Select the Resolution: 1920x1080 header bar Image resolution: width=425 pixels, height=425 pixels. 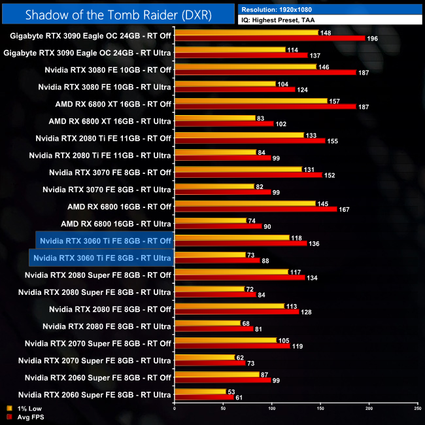point(330,10)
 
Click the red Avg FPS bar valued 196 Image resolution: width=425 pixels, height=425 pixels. point(269,38)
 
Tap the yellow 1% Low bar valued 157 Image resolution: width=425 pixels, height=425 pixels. point(250,101)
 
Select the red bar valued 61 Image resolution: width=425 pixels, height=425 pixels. point(204,397)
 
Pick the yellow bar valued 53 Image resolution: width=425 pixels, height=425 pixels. point(200,391)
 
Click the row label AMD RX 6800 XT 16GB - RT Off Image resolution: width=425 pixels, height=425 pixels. point(113,104)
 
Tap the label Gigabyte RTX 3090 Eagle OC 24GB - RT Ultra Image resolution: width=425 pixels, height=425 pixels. point(87,53)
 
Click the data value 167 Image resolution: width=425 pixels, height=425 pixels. point(346,209)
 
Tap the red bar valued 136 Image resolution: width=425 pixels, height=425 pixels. point(241,243)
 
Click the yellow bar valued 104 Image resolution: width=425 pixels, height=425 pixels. point(225,84)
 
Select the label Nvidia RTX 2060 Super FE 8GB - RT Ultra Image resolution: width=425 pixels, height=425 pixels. point(95,394)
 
